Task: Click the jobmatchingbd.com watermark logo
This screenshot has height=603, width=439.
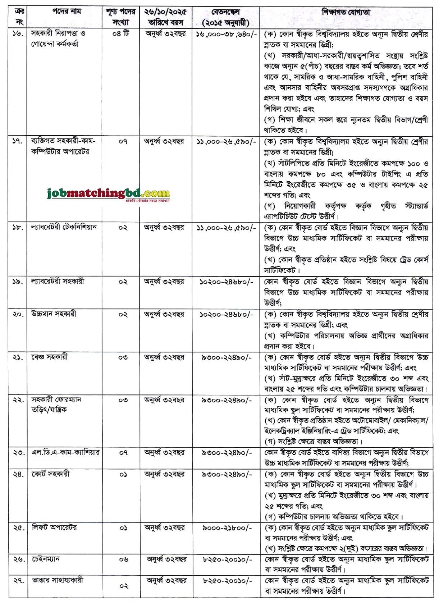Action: click(108, 194)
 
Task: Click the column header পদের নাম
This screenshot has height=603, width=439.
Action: click(67, 12)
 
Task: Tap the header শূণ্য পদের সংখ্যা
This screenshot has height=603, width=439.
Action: click(120, 17)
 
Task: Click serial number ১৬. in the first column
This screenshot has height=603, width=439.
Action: click(18, 33)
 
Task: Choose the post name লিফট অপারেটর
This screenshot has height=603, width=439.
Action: click(54, 527)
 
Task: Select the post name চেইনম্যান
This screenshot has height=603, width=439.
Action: click(45, 559)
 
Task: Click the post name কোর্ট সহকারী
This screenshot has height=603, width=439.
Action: click(50, 474)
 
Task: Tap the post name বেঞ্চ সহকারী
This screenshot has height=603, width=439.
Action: click(49, 357)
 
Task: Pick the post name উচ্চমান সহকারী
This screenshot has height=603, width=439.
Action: click(54, 314)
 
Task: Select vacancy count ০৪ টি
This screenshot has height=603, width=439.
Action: click(120, 33)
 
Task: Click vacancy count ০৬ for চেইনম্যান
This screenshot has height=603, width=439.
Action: click(123, 559)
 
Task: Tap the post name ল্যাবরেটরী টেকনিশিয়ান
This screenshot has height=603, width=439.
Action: click(64, 227)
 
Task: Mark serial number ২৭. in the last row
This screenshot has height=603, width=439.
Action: click(18, 580)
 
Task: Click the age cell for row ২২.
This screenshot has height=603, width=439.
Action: click(164, 400)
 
